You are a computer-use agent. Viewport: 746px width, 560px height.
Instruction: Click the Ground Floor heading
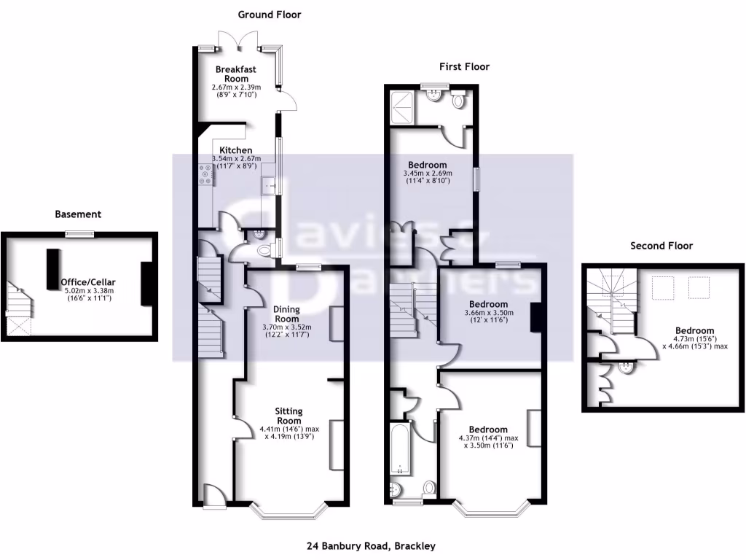[269, 15]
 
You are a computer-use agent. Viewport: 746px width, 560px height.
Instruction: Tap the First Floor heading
[464, 66]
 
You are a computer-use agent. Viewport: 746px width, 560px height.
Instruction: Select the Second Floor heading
[661, 246]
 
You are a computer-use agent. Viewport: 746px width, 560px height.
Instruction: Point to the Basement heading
[78, 214]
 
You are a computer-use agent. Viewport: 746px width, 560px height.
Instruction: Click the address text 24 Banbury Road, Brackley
[372, 545]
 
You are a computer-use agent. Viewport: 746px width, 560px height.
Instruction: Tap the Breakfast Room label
[235, 74]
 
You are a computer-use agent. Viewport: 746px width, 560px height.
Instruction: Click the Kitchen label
[231, 150]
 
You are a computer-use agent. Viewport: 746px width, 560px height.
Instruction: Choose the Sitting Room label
[286, 416]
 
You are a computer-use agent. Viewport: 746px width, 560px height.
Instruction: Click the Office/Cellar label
[88, 281]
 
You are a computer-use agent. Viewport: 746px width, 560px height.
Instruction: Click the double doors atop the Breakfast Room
[240, 42]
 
